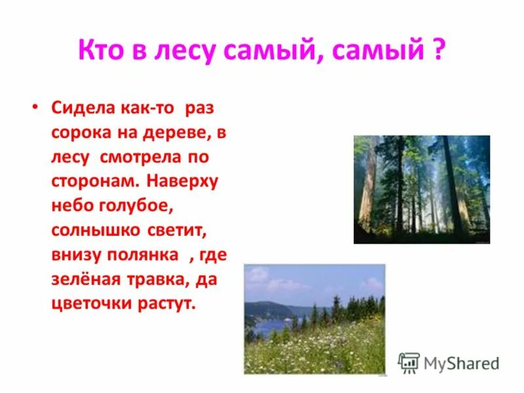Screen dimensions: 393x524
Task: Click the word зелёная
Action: pos(79,280)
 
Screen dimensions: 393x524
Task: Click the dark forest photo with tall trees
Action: pos(421,189)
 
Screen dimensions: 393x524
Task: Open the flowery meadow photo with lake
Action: pos(314,318)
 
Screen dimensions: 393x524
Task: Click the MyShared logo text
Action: pos(460,363)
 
